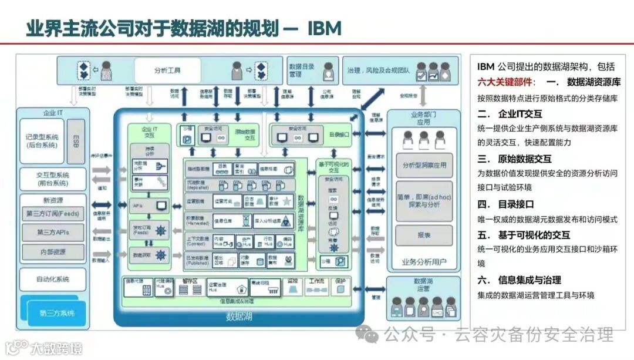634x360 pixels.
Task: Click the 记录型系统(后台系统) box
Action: pyautogui.click(x=42, y=140)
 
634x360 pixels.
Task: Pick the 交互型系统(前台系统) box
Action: pyautogui.click(x=53, y=179)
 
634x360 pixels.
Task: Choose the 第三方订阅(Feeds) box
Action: pyautogui.click(x=53, y=213)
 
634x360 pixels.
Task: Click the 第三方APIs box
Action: pyautogui.click(x=53, y=233)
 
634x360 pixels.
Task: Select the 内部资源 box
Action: pyautogui.click(x=53, y=251)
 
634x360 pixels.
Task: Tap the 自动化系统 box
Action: pyautogui.click(x=53, y=279)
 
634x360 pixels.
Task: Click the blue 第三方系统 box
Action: pyautogui.click(x=57, y=313)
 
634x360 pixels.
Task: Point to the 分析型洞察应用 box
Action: pyautogui.click(x=424, y=165)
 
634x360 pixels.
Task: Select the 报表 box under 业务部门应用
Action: pyautogui.click(x=424, y=234)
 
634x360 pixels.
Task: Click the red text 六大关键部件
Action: pyautogui.click(x=503, y=82)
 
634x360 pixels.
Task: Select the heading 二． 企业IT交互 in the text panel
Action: pyautogui.click(x=510, y=114)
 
